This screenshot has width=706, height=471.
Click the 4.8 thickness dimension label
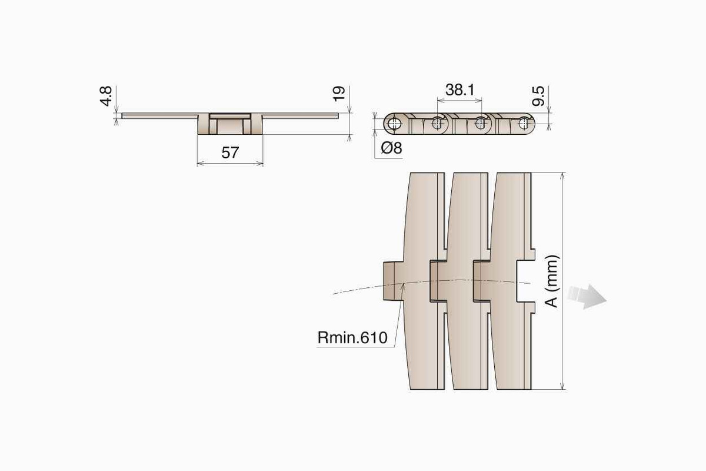(105, 96)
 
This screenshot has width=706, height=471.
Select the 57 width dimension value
(230, 152)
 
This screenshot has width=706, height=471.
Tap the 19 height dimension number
(339, 94)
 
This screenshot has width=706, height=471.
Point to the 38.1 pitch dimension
(460, 90)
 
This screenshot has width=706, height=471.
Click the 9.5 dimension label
(538, 96)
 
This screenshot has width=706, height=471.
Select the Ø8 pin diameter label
(391, 148)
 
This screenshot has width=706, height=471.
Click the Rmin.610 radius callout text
(352, 337)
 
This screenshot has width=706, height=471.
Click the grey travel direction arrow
(587, 297)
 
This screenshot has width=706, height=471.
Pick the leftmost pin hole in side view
(393, 124)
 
